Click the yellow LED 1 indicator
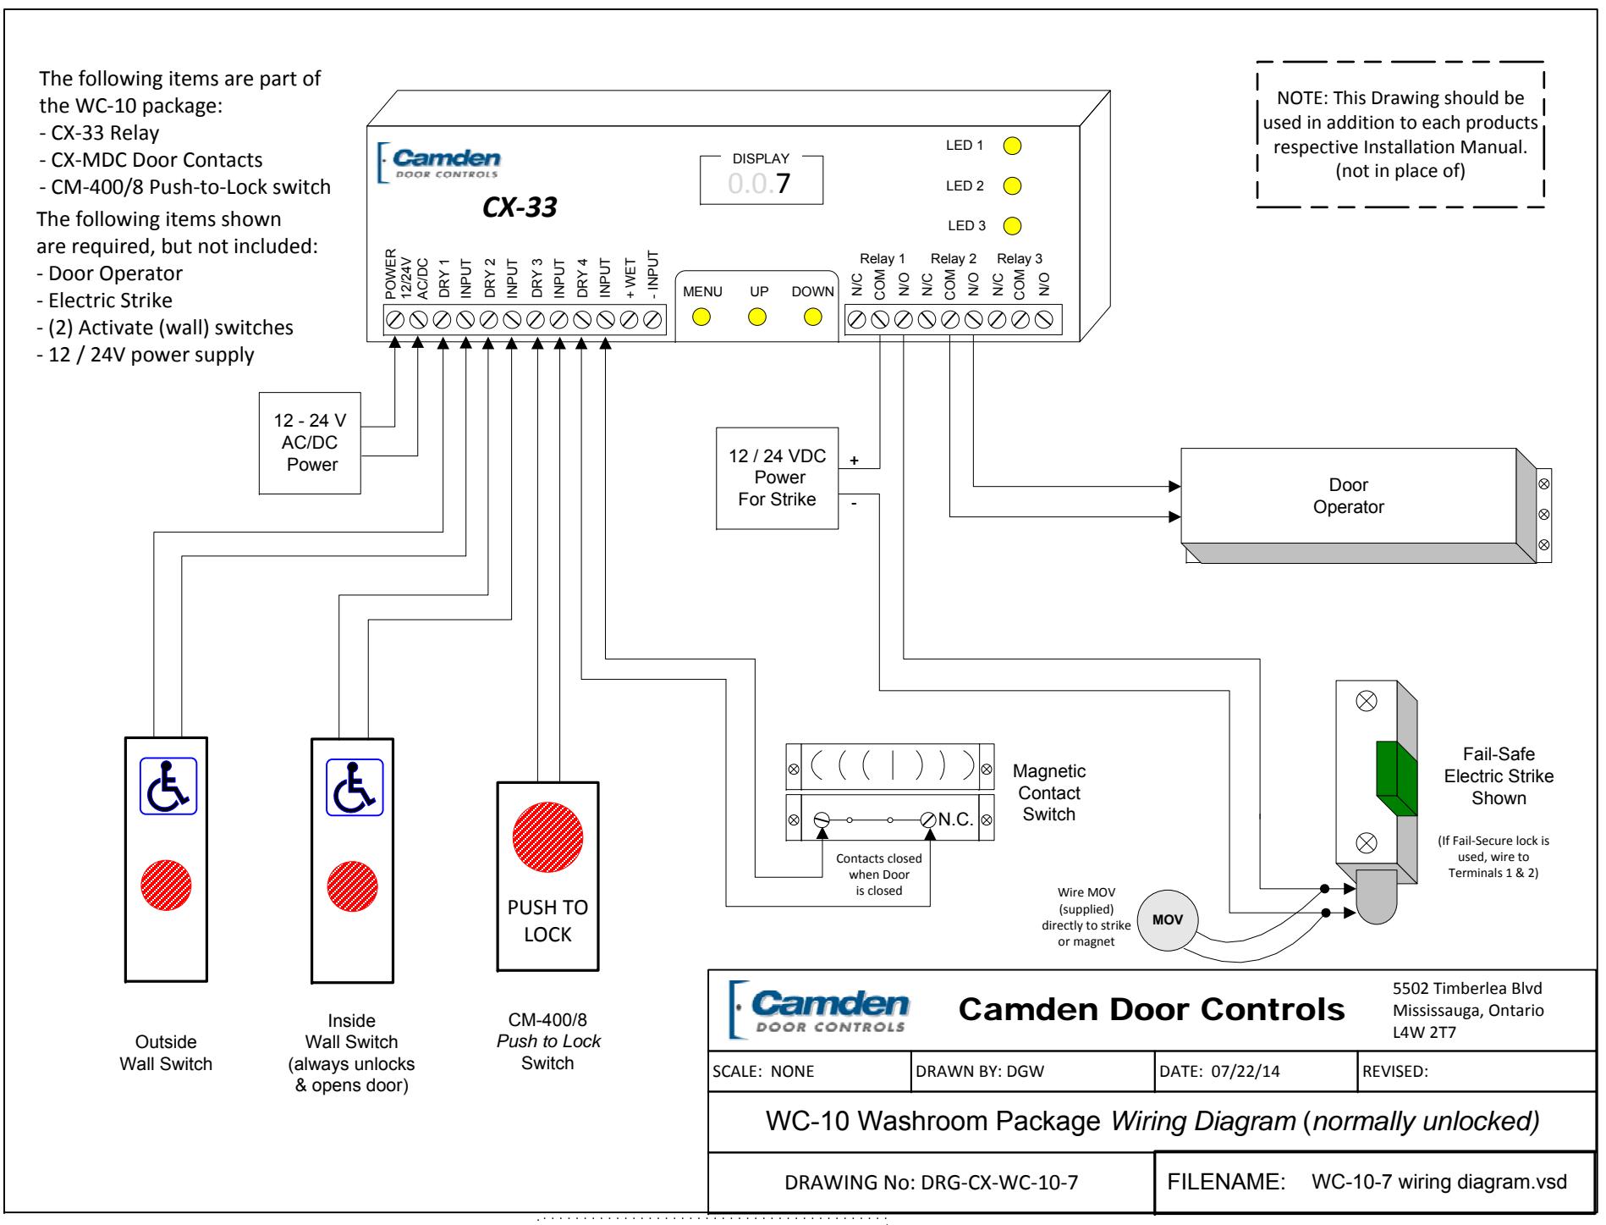coord(1012,146)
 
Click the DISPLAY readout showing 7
coord(762,180)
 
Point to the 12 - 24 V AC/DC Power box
coord(310,443)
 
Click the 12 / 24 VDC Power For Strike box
coord(778,478)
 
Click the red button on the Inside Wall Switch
coord(353,886)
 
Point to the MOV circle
coord(1168,920)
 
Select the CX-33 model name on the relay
coord(520,207)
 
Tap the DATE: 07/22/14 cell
coord(1257,1071)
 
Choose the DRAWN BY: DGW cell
coord(1033,1071)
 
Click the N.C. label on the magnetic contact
coord(956,819)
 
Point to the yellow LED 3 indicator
coord(1012,226)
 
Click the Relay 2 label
coord(954,259)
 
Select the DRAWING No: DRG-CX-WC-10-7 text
coord(932,1183)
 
